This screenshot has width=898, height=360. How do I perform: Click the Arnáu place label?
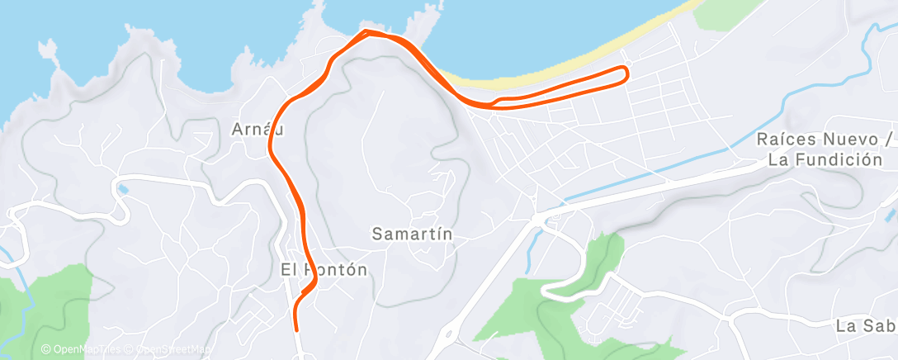[253, 130]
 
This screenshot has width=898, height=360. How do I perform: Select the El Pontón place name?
[324, 269]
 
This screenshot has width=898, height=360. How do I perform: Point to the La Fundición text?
[825, 160]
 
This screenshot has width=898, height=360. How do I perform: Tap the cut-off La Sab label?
[865, 325]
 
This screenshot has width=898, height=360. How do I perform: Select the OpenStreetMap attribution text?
[173, 349]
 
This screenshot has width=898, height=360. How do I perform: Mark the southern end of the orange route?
[297, 329]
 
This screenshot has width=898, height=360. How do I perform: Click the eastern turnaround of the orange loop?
[626, 74]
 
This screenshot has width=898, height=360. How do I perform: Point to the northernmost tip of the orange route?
[366, 31]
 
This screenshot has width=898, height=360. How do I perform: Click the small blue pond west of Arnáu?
[124, 189]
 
